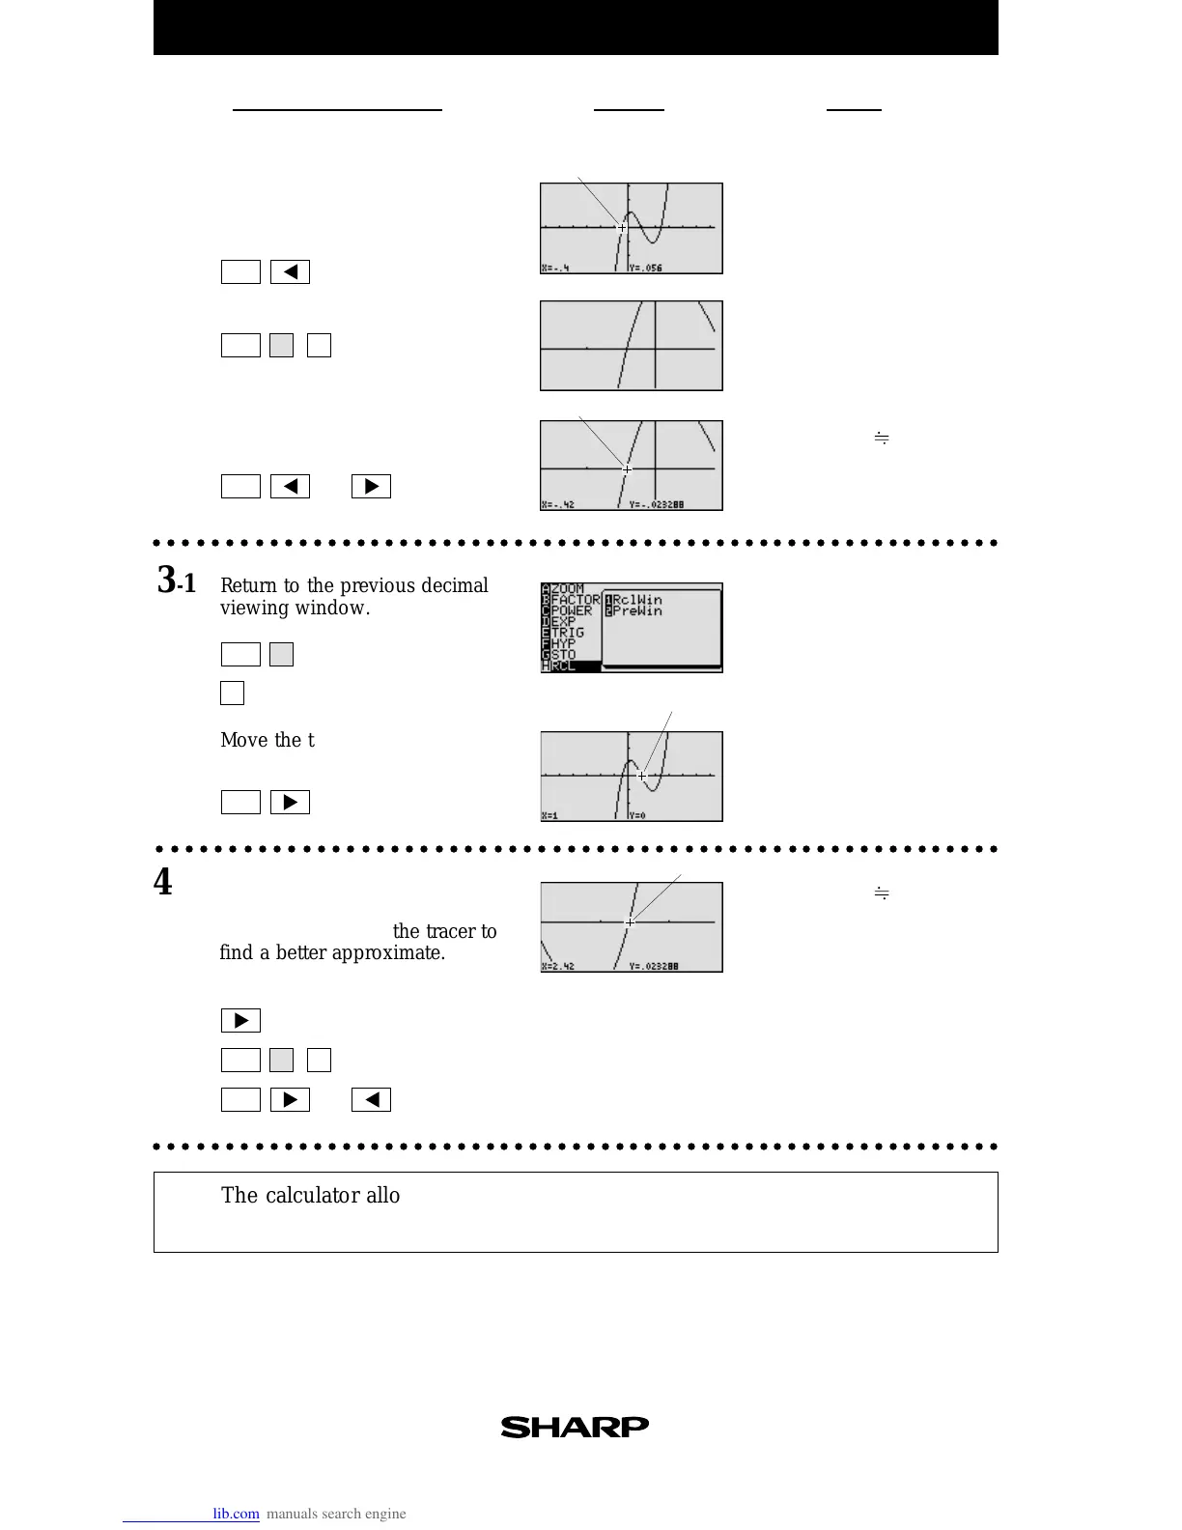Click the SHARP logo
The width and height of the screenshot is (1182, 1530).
[575, 1427]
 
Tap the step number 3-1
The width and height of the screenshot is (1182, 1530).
[177, 581]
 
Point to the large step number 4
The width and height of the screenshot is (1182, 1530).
[163, 882]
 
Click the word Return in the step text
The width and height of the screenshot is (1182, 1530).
[248, 585]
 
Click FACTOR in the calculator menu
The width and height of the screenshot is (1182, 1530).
[576, 599]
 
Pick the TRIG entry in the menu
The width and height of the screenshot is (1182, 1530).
[568, 633]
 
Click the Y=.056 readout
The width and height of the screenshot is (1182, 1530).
[645, 268]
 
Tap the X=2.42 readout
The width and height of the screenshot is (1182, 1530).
[558, 966]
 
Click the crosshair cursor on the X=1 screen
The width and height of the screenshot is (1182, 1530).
[642, 776]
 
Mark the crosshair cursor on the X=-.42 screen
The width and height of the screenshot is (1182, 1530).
[627, 469]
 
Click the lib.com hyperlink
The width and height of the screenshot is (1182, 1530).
[236, 1514]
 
